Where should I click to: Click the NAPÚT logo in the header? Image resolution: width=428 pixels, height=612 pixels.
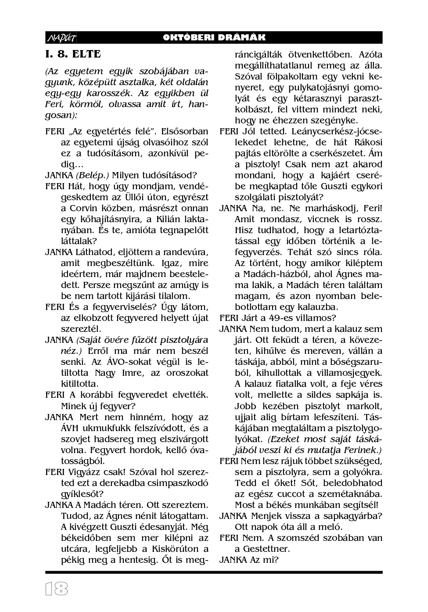(61, 38)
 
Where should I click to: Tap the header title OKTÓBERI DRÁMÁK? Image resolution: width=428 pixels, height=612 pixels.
(214, 38)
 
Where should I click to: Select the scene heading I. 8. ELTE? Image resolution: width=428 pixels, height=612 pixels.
(73, 54)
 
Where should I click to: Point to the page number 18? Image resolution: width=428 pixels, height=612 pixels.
(57, 589)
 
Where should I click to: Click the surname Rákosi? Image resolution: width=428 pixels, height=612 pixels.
(366, 142)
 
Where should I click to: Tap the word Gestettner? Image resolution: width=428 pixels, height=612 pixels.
(266, 549)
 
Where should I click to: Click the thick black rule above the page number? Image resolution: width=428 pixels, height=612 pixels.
(214, 572)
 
